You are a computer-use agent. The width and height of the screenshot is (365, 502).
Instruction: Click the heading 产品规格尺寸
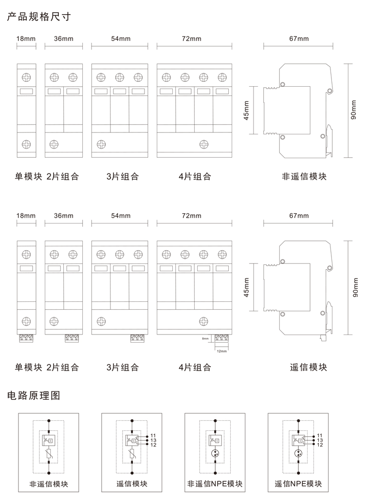[39, 17]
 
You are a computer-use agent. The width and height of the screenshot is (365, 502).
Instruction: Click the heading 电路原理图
[34, 395]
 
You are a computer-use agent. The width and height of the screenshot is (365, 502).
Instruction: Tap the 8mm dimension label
[205, 338]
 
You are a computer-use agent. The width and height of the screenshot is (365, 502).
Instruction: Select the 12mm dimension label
[222, 351]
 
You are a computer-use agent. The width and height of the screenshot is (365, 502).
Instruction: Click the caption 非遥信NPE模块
[215, 484]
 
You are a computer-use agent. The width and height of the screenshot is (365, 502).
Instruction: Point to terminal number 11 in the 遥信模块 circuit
[153, 435]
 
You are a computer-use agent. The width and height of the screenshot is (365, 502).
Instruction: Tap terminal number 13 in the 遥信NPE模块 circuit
[320, 440]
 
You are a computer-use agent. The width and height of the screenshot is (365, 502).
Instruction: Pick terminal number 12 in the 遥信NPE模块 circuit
[320, 445]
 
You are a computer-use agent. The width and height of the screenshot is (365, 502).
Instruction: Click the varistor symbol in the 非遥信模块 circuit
[49, 455]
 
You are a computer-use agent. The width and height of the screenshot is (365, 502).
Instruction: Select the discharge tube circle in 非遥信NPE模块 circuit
[215, 455]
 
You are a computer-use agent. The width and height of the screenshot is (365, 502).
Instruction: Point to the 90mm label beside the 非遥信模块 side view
[354, 110]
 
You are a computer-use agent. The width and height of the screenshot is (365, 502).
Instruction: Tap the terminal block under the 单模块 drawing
[27, 338]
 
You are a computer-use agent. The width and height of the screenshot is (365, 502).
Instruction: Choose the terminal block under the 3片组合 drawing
[138, 338]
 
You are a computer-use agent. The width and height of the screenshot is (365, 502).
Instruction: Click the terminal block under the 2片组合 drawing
[73, 338]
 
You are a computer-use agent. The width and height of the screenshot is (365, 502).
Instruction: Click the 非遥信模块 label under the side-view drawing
[304, 176]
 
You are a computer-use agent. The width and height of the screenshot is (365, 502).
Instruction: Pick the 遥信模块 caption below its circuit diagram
[132, 484]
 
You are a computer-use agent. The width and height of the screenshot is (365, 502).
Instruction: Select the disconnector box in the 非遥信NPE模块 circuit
[215, 440]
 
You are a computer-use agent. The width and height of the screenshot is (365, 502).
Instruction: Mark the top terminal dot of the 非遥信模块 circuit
[49, 420]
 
